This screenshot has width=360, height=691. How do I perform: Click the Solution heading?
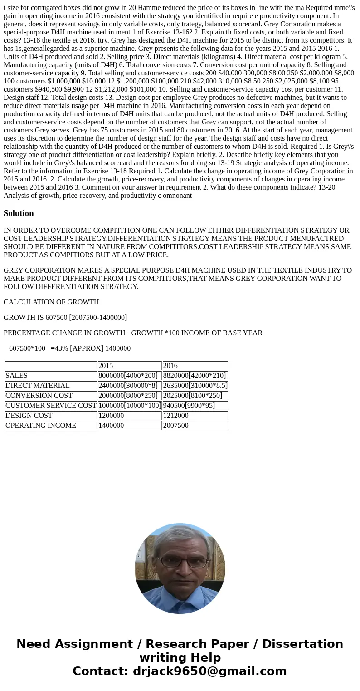click(19, 213)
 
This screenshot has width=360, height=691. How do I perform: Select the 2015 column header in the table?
click(106, 366)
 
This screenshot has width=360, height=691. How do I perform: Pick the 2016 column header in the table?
click(170, 366)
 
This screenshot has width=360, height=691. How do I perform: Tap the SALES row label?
click(16, 376)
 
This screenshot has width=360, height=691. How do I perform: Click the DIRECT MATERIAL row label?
click(38, 386)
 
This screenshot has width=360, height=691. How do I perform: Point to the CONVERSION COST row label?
click(39, 396)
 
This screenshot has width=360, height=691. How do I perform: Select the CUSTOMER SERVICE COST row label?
click(51, 406)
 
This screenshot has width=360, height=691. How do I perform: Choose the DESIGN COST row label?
click(29, 416)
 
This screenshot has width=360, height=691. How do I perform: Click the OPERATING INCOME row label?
click(41, 426)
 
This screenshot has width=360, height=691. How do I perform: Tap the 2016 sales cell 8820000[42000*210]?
click(195, 376)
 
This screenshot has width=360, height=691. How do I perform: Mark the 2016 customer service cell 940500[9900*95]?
click(189, 406)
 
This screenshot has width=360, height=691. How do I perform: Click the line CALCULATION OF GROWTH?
click(51, 302)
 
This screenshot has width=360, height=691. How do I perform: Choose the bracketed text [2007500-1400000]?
click(98, 318)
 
